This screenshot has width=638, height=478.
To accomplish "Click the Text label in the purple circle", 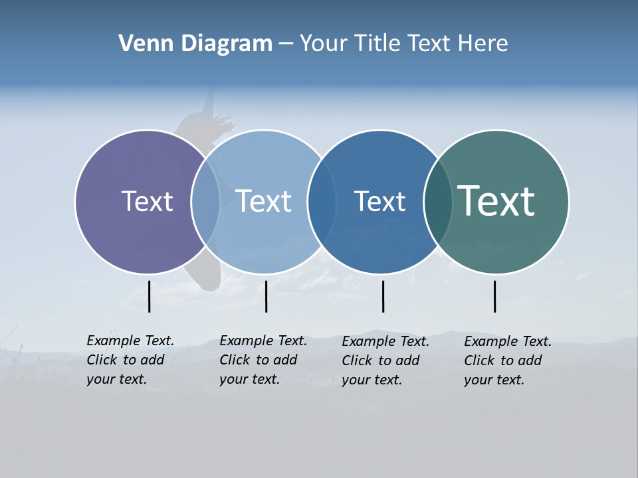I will [147, 201].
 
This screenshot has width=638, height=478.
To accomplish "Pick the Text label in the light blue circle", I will [263, 201].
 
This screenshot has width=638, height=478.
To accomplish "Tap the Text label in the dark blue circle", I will [379, 201].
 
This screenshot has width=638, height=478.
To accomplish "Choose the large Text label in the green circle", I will [496, 201].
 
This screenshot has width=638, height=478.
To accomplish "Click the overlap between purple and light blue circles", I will [205, 201].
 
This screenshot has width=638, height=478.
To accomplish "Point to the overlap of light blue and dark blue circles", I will [322, 201].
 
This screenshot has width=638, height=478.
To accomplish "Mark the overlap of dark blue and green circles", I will [438, 201].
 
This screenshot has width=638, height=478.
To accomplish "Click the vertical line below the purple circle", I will [150, 296].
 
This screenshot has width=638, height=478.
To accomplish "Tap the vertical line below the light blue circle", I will [266, 296].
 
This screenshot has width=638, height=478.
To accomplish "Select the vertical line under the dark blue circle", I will [383, 296].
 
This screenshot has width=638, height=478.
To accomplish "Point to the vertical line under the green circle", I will [494, 296].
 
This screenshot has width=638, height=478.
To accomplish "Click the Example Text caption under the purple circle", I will [130, 360].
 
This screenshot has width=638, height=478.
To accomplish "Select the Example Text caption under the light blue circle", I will [263, 360].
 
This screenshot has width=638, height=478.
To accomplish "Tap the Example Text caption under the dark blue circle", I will [385, 360].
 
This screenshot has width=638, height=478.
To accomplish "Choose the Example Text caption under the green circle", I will [508, 360].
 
